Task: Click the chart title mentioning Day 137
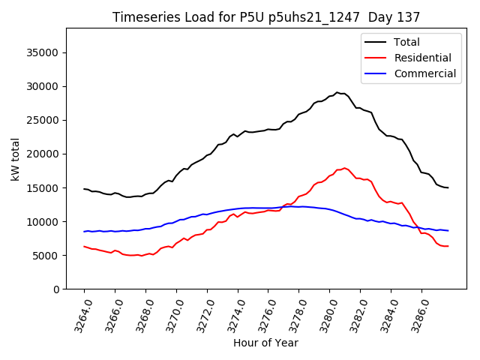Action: pos(266,16)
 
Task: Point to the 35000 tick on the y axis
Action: pos(43,52)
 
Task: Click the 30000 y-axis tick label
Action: pos(43,86)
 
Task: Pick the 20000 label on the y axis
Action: pos(43,154)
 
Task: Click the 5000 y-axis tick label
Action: pos(46,256)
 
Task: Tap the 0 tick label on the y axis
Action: pos(57,289)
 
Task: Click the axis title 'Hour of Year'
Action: pos(265,343)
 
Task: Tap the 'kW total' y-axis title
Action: pos(15,159)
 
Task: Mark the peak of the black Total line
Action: pos(337,92)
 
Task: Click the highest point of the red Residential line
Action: pos(344,168)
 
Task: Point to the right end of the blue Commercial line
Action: pos(448,230)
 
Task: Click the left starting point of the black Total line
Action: pos(84,189)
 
